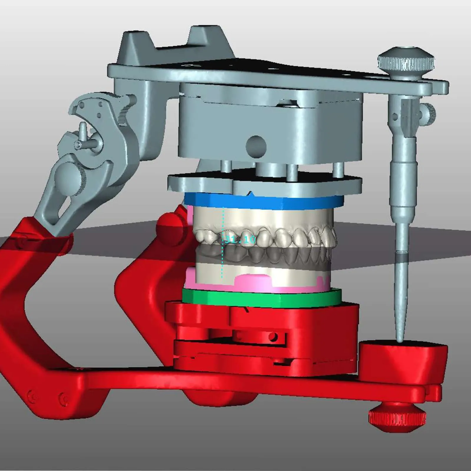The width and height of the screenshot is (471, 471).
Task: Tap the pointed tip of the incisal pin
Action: pyautogui.click(x=399, y=341)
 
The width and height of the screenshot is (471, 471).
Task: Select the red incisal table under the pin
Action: pyautogui.click(x=403, y=358)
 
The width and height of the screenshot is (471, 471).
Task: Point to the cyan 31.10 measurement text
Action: pyautogui.click(x=239, y=239)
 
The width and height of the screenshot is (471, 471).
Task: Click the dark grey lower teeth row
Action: pyautogui.click(x=265, y=255)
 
